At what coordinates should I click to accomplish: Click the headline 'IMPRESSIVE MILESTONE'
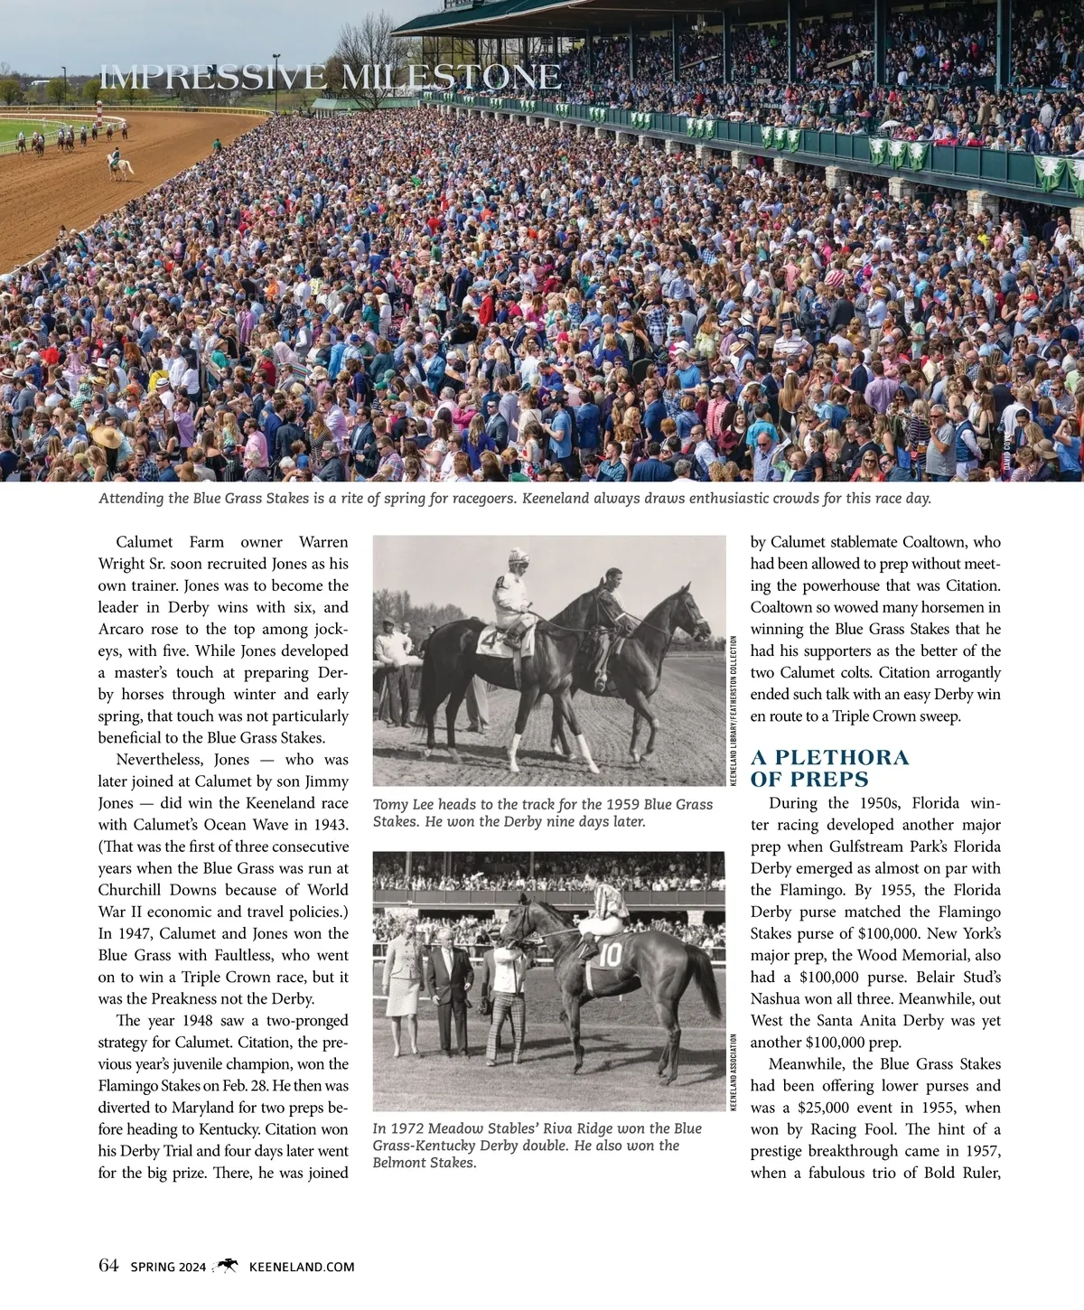pyautogui.click(x=330, y=78)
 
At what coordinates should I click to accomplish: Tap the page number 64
pyautogui.click(x=108, y=1266)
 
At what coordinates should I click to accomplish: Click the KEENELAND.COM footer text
pyautogui.click(x=301, y=1267)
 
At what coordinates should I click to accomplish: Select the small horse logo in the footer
pyautogui.click(x=228, y=1266)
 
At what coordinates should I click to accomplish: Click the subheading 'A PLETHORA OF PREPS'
pyautogui.click(x=829, y=768)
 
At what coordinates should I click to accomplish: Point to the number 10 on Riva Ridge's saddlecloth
pyautogui.click(x=610, y=956)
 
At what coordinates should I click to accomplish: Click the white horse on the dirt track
pyautogui.click(x=118, y=165)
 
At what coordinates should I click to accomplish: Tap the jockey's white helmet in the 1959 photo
pyautogui.click(x=518, y=557)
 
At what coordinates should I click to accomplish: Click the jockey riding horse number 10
pyautogui.click(x=603, y=912)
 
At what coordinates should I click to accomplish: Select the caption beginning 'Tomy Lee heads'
pyautogui.click(x=542, y=813)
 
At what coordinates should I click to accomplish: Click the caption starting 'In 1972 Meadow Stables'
pyautogui.click(x=537, y=1146)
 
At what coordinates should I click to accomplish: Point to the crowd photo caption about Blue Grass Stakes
pyautogui.click(x=514, y=499)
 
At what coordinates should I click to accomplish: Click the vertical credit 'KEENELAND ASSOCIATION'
pyautogui.click(x=734, y=1073)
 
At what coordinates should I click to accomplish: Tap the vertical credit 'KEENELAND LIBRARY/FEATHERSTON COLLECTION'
pyautogui.click(x=734, y=711)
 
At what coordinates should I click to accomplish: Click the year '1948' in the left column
pyautogui.click(x=197, y=1021)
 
